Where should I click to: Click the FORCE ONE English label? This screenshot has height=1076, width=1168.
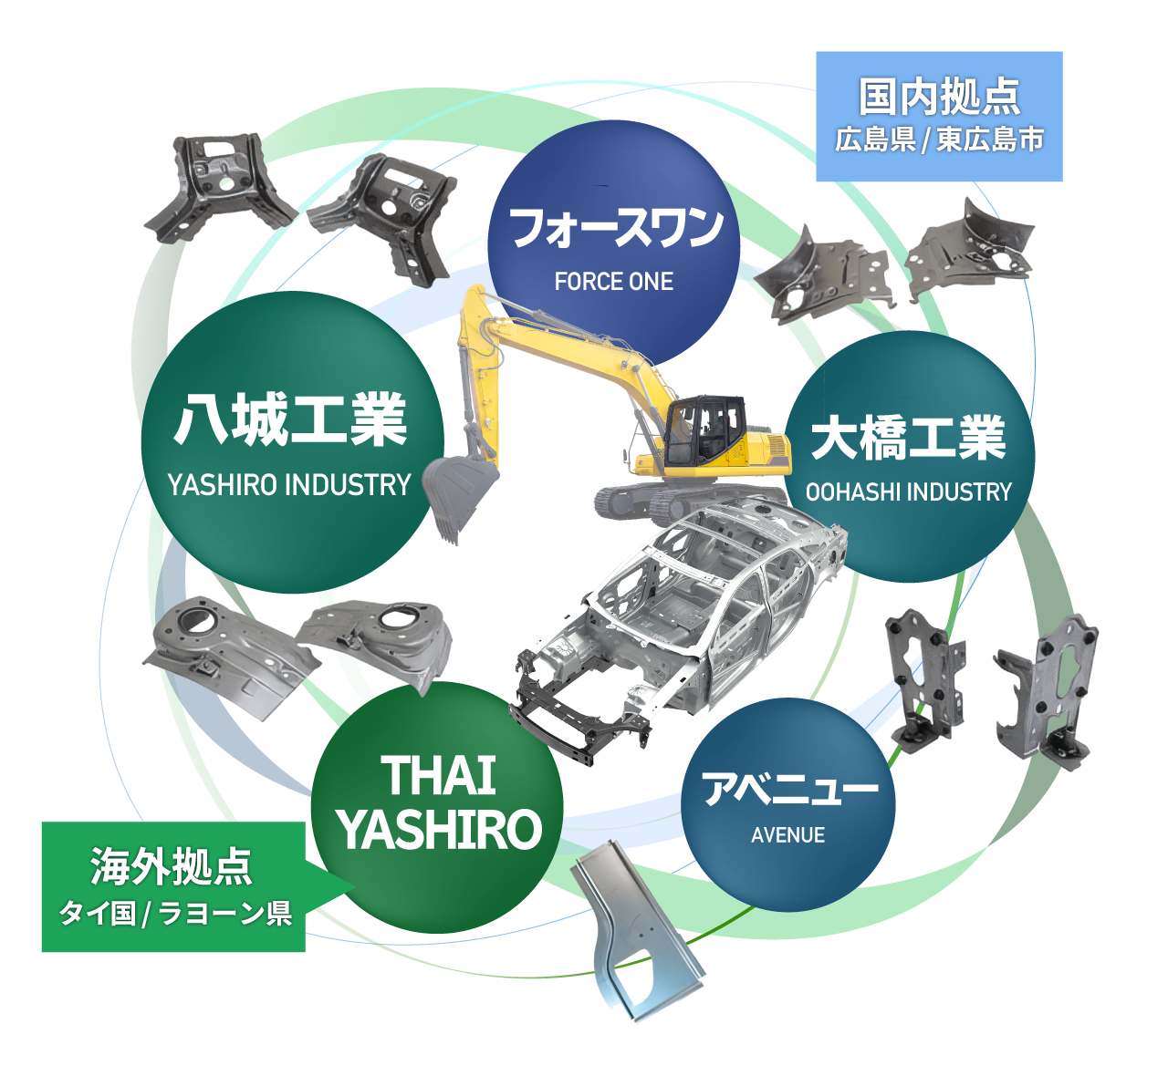coord(613,282)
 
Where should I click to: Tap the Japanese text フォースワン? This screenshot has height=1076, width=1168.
coord(616,228)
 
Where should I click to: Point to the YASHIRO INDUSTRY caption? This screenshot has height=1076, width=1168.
coord(289,485)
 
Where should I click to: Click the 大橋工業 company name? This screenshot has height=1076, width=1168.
coord(908,438)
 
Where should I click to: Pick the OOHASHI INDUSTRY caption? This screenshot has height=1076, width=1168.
coord(908,492)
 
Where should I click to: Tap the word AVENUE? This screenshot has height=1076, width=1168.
coord(787,835)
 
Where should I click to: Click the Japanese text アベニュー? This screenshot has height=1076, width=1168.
coord(789,789)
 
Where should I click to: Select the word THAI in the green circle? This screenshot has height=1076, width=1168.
coord(438,776)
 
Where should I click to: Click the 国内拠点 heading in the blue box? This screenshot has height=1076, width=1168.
coord(939,97)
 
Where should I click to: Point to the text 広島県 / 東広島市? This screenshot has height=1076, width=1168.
coord(939,140)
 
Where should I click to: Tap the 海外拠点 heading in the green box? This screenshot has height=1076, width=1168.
coord(172,866)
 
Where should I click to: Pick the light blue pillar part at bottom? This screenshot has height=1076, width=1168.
coord(639,939)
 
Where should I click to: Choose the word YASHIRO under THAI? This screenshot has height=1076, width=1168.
coord(438,830)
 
